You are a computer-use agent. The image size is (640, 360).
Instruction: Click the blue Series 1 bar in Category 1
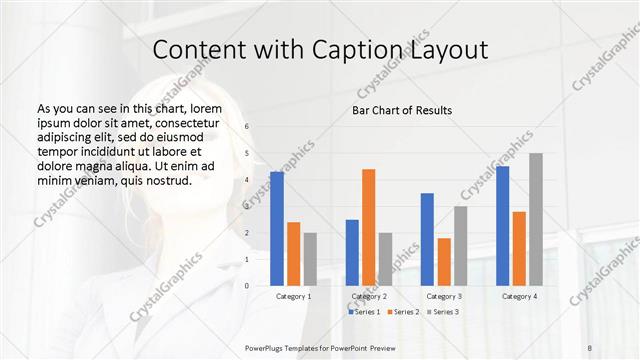coord(277,229)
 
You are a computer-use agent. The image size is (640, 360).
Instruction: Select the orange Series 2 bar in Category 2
coord(368,227)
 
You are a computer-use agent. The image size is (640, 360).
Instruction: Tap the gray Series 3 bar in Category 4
coord(536,219)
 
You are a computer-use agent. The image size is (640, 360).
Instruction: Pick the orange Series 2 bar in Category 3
coord(444,262)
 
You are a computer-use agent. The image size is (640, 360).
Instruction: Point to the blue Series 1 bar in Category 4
coord(502,226)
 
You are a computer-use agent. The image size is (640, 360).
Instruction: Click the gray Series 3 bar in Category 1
coord(310,259)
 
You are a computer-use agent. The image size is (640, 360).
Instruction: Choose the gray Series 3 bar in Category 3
coord(460,246)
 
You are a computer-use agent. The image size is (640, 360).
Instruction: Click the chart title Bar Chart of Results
coord(402,110)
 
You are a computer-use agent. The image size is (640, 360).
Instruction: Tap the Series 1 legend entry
coord(364,313)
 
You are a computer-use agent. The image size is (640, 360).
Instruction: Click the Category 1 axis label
coord(293,297)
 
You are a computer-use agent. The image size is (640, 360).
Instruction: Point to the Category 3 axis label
coord(444,297)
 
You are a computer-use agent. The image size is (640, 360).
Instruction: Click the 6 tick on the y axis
coord(247,127)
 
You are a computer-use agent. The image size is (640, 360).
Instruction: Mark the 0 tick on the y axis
coord(247,285)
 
